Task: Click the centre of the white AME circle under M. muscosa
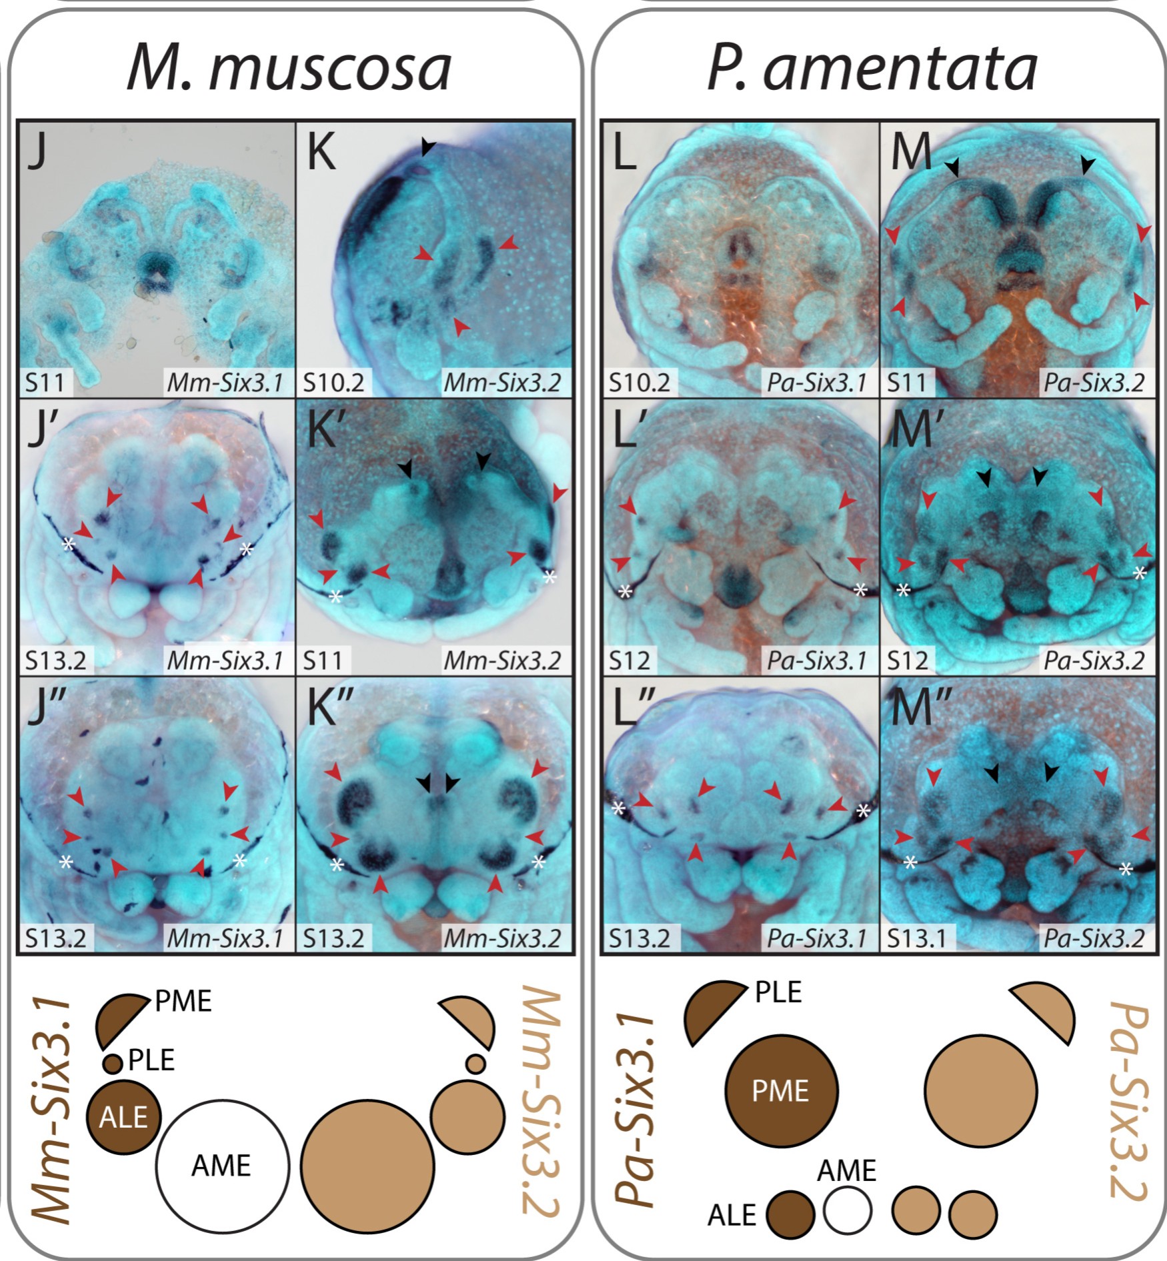point(223,1166)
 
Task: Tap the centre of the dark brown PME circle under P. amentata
point(781,1091)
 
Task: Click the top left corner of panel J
point(18,121)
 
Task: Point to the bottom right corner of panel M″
point(1156,954)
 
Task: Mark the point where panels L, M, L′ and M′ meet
point(880,398)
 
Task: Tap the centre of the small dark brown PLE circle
point(113,1063)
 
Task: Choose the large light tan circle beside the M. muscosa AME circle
point(367,1166)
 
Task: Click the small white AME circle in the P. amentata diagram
point(848,1210)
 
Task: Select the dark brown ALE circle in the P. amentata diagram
point(790,1214)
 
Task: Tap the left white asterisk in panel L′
point(625,591)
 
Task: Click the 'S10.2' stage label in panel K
point(333,383)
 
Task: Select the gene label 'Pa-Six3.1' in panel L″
point(817,938)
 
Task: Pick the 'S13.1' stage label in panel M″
point(918,938)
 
